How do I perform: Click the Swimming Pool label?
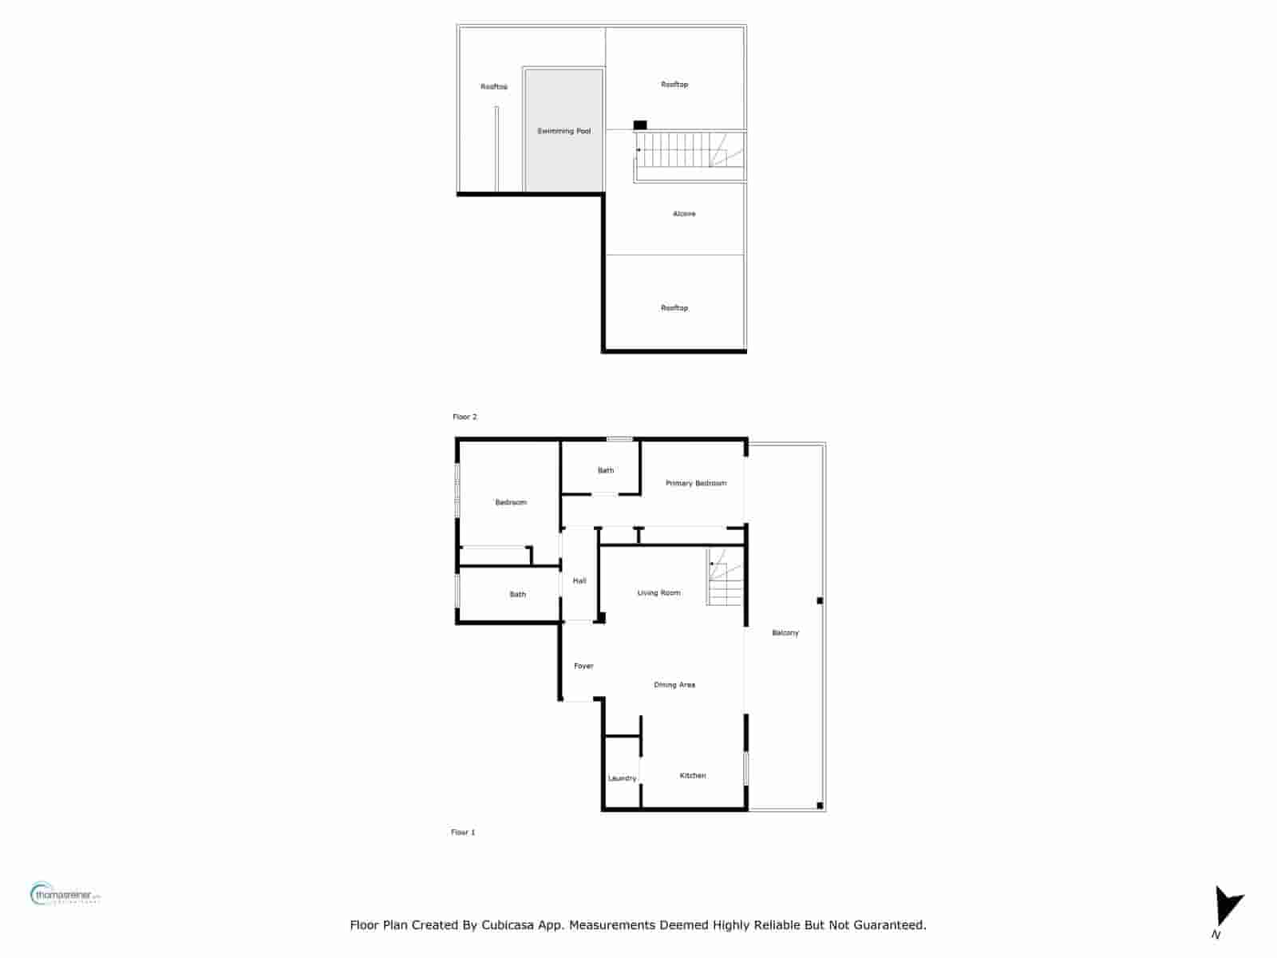coord(563,131)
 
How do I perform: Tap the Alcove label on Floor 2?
coord(684,214)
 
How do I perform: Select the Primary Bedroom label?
coord(696,483)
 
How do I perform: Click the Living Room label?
coord(658,593)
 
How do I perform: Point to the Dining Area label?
coord(674,685)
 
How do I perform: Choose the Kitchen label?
coord(693,775)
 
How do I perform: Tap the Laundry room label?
coord(622,778)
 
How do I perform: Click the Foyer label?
coord(583,666)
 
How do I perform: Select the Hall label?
coord(579,580)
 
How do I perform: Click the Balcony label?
coord(785,633)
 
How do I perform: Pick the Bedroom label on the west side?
coord(511,502)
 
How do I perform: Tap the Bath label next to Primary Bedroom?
coord(606,470)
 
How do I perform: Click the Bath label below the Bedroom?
coord(518,594)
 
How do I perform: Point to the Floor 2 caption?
coord(465,417)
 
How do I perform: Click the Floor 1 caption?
coord(463,832)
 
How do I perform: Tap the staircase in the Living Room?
coord(725,578)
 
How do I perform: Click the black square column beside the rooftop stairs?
coord(640,125)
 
